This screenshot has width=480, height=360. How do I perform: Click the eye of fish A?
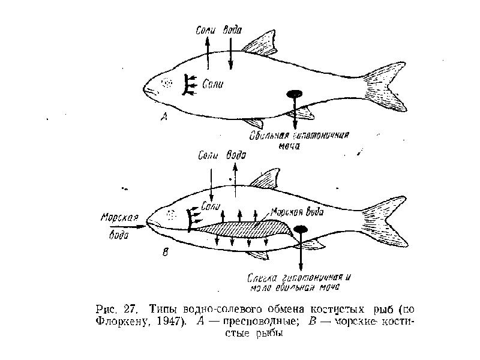point(169,83)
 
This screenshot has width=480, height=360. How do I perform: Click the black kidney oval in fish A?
point(295,94)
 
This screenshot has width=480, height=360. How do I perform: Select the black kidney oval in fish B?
point(301,229)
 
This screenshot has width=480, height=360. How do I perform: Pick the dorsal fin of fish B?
point(264,179)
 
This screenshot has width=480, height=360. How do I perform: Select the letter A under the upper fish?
point(164,119)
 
